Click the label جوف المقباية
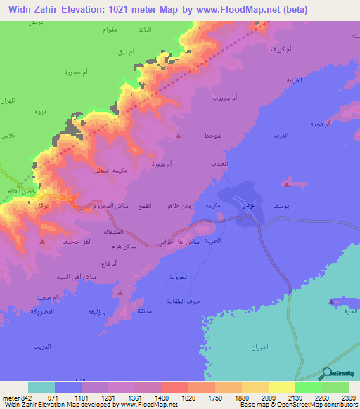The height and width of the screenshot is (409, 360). pos(207,301)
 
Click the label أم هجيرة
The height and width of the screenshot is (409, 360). pos(75,73)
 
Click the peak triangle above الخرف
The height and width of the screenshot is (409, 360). pos(332,301)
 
